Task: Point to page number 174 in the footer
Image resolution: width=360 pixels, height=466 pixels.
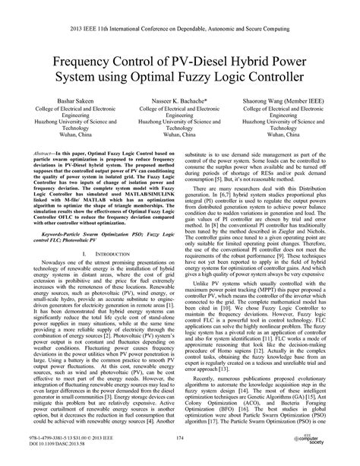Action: (180, 439)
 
